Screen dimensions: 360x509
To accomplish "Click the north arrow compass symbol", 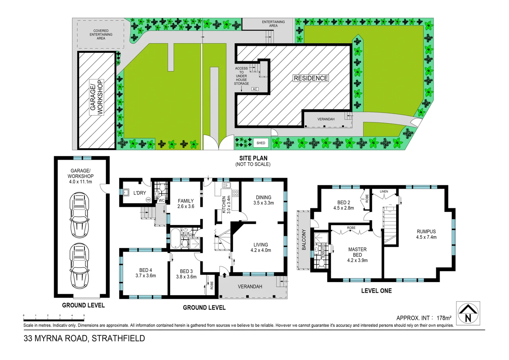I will click(x=468, y=313).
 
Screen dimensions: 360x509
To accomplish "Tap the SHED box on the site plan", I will click(x=261, y=143).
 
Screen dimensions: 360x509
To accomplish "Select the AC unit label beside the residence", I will click(x=255, y=89).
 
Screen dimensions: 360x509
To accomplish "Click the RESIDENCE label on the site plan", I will click(x=311, y=78).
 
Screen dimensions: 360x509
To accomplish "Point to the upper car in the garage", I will click(x=79, y=215).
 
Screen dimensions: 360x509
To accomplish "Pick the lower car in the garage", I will click(x=79, y=266).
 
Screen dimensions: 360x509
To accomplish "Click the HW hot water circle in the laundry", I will click(x=148, y=200).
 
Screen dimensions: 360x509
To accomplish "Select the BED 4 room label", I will click(x=146, y=273).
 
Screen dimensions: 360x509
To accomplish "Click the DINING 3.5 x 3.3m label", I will click(x=263, y=200).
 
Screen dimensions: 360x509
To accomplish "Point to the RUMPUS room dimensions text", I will click(x=426, y=237).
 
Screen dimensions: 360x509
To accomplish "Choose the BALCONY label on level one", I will click(x=304, y=239).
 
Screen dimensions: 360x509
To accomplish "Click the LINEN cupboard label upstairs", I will click(x=384, y=191).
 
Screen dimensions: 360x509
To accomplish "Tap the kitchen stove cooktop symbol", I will click(x=235, y=193).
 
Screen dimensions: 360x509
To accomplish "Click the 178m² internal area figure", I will click(x=444, y=318).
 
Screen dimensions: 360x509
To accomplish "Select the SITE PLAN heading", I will click(x=253, y=158).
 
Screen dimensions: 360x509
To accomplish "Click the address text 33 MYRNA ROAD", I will click(x=84, y=338).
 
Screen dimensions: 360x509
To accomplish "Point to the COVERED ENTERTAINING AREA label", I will click(x=101, y=34).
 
